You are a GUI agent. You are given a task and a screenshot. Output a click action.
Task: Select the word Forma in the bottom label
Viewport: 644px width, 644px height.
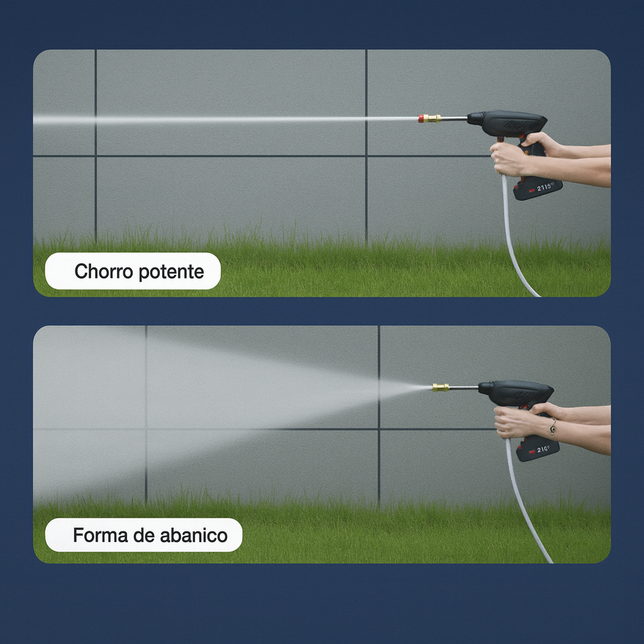pos(96,536)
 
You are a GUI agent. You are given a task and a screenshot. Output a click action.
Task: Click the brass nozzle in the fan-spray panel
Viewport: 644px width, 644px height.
pos(441,387)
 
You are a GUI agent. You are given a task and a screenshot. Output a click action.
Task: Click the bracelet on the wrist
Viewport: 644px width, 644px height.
pos(553,427)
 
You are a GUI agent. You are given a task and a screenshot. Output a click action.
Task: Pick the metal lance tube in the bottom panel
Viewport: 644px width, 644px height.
pos(464,387)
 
